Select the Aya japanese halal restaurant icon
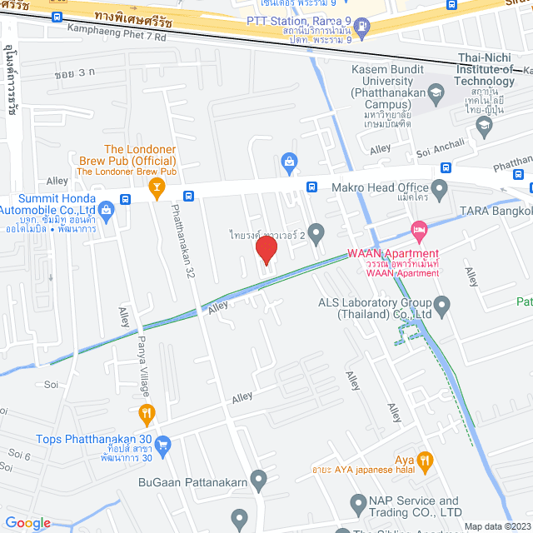[x=425, y=459]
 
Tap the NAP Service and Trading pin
[x=358, y=501]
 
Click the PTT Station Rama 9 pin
[x=361, y=24]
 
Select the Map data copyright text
[x=496, y=526]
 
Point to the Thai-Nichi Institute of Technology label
[x=494, y=69]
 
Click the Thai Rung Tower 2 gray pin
[x=315, y=231]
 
